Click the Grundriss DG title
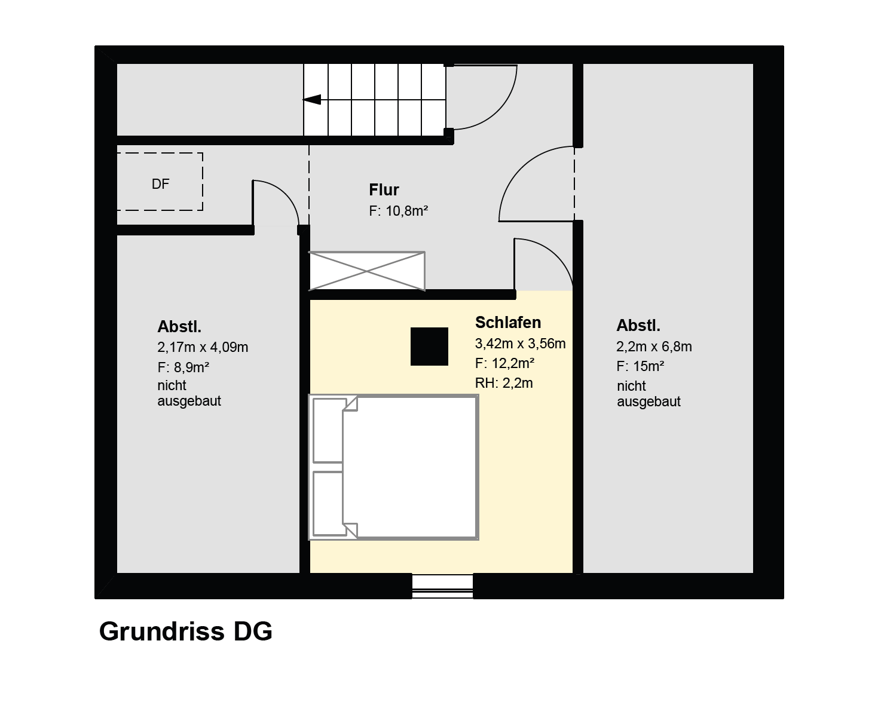coord(185,632)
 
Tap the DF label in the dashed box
coord(160,184)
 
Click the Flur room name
coord(384,190)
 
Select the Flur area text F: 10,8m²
coord(398,211)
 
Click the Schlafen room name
coord(508,323)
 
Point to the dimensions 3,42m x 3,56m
coord(520,344)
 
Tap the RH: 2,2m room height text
coord(503,384)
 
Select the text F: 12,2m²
coord(504,363)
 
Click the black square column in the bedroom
coord(430,346)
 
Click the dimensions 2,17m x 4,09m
coord(203,347)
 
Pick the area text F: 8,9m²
coord(183,367)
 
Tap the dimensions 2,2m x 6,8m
coord(654,347)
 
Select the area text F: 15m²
coord(640,366)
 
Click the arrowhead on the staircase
coord(311,99)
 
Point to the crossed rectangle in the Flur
coord(367,271)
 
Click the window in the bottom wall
coord(442,586)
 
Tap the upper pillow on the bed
coord(328,430)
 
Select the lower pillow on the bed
coord(328,503)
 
